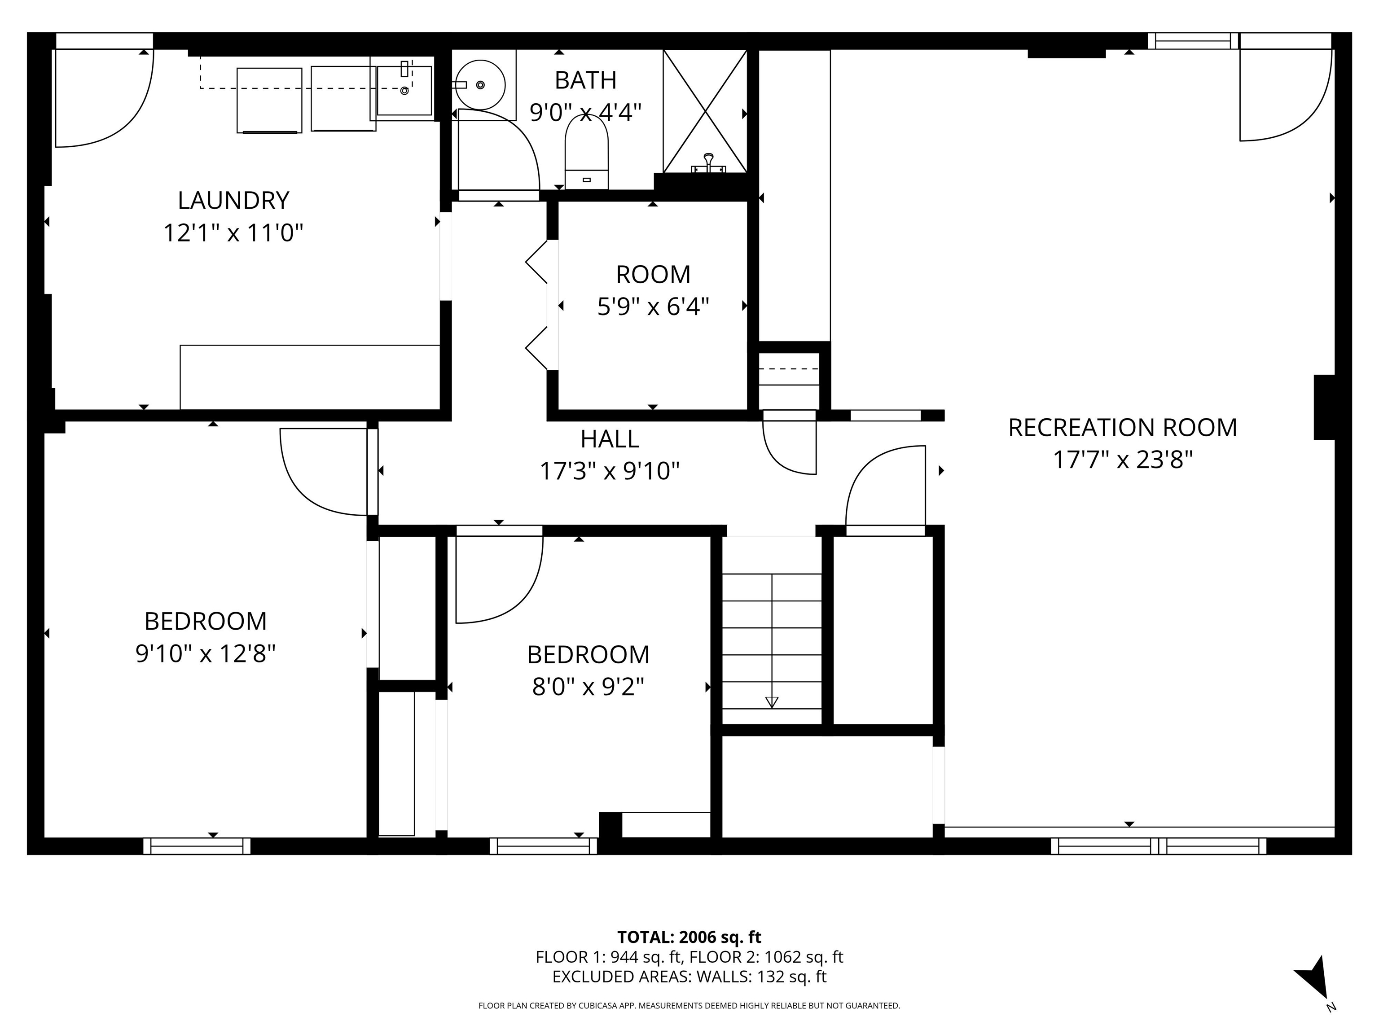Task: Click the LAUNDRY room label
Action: pos(233,201)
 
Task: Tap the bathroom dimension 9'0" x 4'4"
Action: pos(585,113)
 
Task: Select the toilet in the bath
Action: pos(586,153)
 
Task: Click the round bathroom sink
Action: pos(480,84)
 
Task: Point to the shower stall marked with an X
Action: pos(704,111)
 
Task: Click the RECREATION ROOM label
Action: pos(1122,428)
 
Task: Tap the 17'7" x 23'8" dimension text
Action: pos(1122,460)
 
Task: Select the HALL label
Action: pos(609,439)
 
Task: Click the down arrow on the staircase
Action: pos(772,702)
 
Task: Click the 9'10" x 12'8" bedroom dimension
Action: pos(205,654)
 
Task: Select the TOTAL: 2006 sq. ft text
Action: pos(689,937)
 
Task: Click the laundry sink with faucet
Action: pos(404,90)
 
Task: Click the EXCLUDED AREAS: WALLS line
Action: pos(689,977)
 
